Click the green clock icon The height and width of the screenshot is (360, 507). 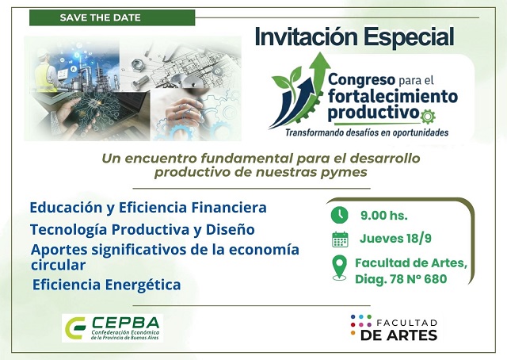coord(339,214)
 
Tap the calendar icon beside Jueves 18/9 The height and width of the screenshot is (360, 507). coord(340,239)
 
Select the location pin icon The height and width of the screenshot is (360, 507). coord(340,267)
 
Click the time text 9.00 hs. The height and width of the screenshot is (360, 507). coord(383,214)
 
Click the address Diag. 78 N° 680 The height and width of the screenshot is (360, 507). coord(401,278)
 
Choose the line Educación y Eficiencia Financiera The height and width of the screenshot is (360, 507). coord(148,208)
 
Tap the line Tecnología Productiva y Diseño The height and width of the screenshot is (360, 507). coord(143,230)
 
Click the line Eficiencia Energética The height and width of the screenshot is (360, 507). coord(107,284)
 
